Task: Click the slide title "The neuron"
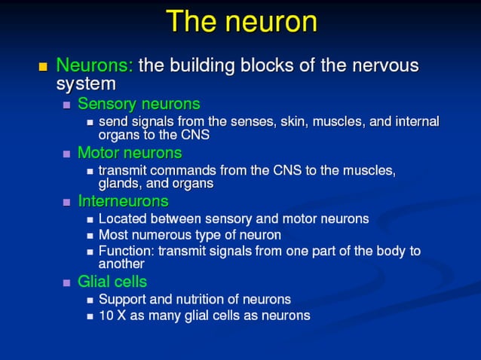point(240,21)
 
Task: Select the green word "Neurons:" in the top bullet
point(95,65)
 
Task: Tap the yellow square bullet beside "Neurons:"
point(43,66)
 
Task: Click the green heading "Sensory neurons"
point(139,103)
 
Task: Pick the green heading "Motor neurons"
point(130,152)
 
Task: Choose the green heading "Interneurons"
point(123,201)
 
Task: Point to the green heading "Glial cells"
point(112,282)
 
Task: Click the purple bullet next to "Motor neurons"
point(66,154)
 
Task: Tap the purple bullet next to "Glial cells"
point(66,283)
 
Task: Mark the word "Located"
point(122,218)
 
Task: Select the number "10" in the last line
point(106,316)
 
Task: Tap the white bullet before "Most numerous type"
point(90,236)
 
